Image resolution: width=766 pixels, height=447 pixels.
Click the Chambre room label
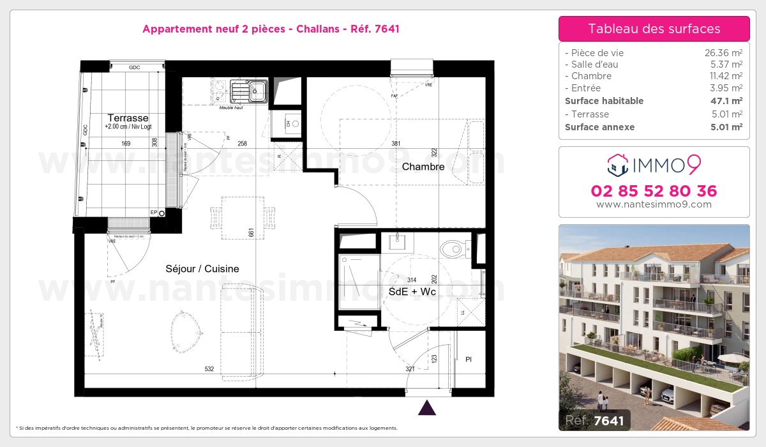point(423,167)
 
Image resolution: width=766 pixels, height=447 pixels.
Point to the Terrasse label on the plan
point(128,118)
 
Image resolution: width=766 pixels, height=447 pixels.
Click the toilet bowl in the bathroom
point(454,247)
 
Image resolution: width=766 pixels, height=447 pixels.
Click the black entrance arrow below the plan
point(426,407)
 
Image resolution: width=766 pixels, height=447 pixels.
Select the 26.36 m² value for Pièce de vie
point(723,53)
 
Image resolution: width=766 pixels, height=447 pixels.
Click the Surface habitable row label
point(604,101)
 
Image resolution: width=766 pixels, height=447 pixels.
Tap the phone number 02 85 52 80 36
point(654,191)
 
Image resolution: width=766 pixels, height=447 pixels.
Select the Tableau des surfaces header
point(654,29)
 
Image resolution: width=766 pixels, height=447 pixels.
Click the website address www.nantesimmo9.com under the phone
point(654,204)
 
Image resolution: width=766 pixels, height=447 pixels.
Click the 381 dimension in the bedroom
point(396,144)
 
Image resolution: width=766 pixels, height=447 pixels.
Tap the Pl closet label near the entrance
point(468,359)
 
